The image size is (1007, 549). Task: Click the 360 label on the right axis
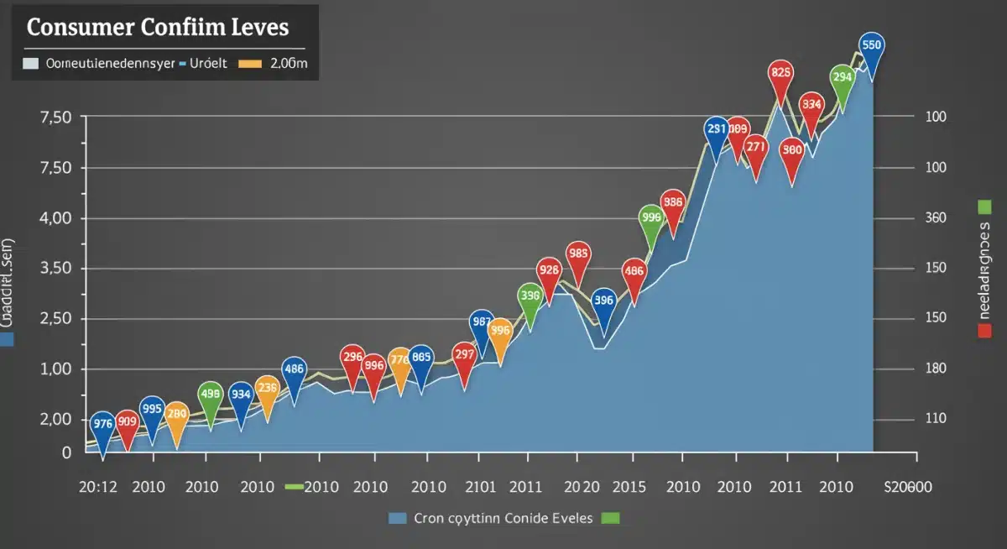click(x=935, y=217)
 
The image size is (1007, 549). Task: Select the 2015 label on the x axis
click(x=628, y=486)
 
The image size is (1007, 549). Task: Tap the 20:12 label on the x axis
click(x=98, y=486)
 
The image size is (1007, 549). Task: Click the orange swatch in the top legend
click(x=250, y=63)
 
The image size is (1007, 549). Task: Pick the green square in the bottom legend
click(x=610, y=518)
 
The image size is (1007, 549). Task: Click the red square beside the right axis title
click(x=984, y=331)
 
